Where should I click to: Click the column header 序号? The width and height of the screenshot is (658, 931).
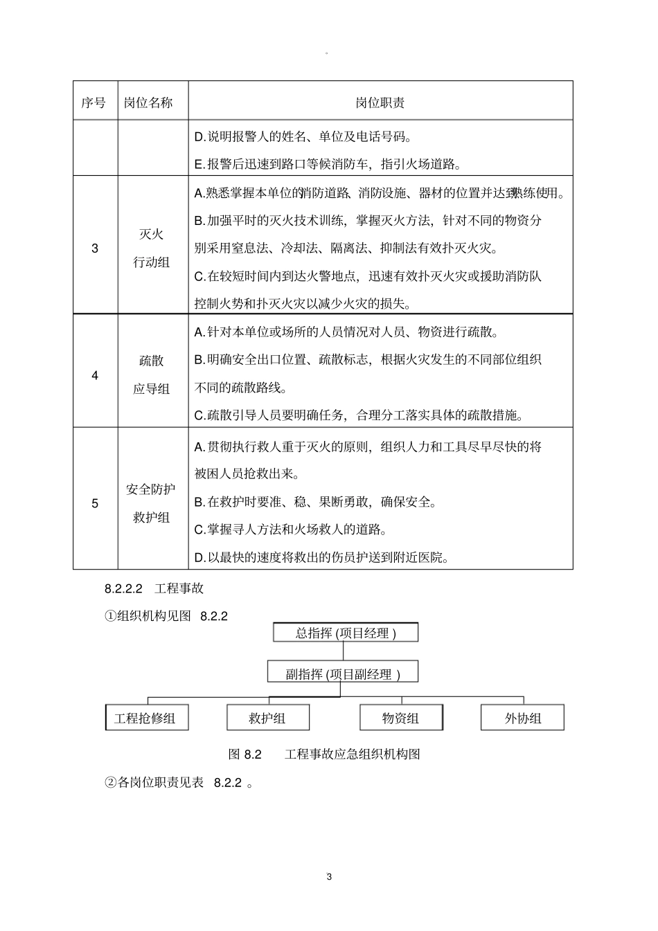pos(94,102)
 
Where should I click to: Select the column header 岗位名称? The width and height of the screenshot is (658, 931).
pos(148,102)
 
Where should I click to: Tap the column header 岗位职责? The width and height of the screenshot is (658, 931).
pos(380,102)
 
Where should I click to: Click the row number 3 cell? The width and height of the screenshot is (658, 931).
pos(95,248)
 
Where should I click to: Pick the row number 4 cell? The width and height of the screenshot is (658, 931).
pos(95,375)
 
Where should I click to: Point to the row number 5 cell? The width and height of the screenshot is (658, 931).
pos(95,503)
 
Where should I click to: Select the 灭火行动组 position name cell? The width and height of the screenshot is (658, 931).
pos(151,248)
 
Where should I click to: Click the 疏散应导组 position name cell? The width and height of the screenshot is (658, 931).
pos(151,375)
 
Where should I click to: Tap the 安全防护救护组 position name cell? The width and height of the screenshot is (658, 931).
pos(151,503)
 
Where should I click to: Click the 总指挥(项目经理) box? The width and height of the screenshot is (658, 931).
pos(346,633)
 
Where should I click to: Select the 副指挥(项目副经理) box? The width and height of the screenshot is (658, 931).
pos(342,674)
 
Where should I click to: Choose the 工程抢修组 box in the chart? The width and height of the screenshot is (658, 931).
pos(145,718)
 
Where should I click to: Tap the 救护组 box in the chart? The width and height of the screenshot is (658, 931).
pos(267,718)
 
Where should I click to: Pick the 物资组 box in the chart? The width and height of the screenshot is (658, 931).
pos(400,718)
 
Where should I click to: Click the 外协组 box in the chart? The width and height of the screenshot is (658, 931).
pos(522,718)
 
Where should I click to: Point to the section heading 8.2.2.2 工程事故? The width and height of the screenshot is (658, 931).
pos(154,588)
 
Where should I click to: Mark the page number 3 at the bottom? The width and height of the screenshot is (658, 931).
pos(329,877)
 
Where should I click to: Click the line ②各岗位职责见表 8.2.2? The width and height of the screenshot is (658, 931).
pos(179,782)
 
